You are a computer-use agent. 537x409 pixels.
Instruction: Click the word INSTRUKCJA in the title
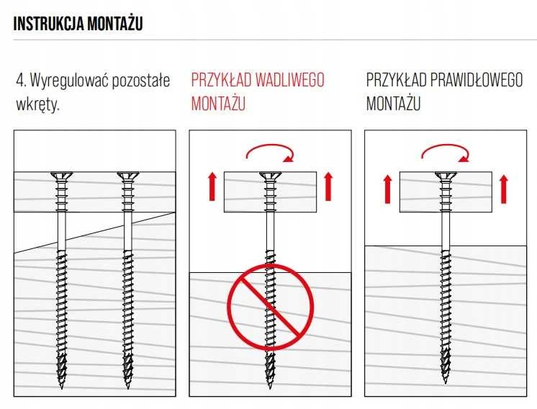click(x=48, y=24)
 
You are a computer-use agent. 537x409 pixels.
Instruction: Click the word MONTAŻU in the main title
click(x=115, y=23)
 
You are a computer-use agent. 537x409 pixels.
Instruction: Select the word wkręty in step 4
click(x=37, y=104)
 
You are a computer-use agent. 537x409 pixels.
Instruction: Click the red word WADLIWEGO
click(x=289, y=80)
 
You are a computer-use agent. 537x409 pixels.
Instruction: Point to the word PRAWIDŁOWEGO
click(x=477, y=80)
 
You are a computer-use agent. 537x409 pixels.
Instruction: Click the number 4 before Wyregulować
click(x=20, y=81)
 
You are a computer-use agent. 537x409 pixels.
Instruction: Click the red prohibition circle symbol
click(x=271, y=307)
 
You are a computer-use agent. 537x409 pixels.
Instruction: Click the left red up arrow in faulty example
click(x=212, y=186)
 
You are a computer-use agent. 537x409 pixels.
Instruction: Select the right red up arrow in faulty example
click(x=328, y=186)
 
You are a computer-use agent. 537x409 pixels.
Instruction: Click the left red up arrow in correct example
click(x=388, y=189)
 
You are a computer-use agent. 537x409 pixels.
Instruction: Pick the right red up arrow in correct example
click(x=503, y=189)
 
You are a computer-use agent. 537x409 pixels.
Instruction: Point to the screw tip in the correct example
click(x=445, y=384)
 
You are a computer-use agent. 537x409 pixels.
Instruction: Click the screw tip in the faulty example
click(x=270, y=388)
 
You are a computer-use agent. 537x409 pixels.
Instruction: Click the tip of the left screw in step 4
click(x=62, y=388)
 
